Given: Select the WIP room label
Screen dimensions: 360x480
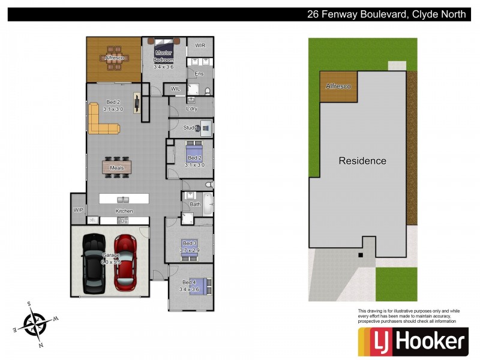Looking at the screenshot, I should click(78, 210).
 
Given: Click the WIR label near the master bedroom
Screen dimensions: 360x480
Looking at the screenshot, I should click(200, 46).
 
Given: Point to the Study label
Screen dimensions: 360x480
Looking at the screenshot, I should click(190, 128).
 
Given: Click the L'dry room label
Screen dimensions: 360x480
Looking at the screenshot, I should click(192, 109).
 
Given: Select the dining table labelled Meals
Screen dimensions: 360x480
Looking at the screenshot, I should click(117, 167).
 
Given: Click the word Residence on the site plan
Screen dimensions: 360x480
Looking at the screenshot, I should click(362, 161).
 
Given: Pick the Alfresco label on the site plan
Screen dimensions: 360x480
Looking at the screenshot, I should click(338, 86).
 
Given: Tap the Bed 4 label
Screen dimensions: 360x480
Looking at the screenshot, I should click(189, 283).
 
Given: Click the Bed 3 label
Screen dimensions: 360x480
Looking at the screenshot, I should click(190, 243).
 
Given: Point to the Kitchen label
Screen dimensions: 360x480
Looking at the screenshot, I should click(125, 211).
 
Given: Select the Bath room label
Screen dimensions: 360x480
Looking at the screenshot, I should click(195, 205).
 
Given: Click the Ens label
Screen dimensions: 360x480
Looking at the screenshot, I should click(199, 74).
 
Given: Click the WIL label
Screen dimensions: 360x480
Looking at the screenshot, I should click(175, 89).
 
